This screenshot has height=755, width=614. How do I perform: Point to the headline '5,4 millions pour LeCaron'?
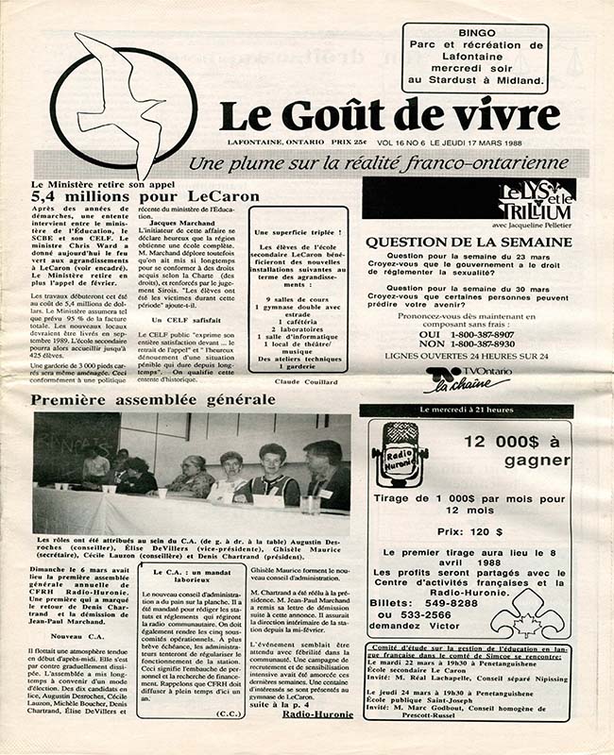coord(119,196)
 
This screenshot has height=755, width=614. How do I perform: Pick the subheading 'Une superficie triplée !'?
coord(295,232)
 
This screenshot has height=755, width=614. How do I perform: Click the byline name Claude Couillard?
coord(307,381)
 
